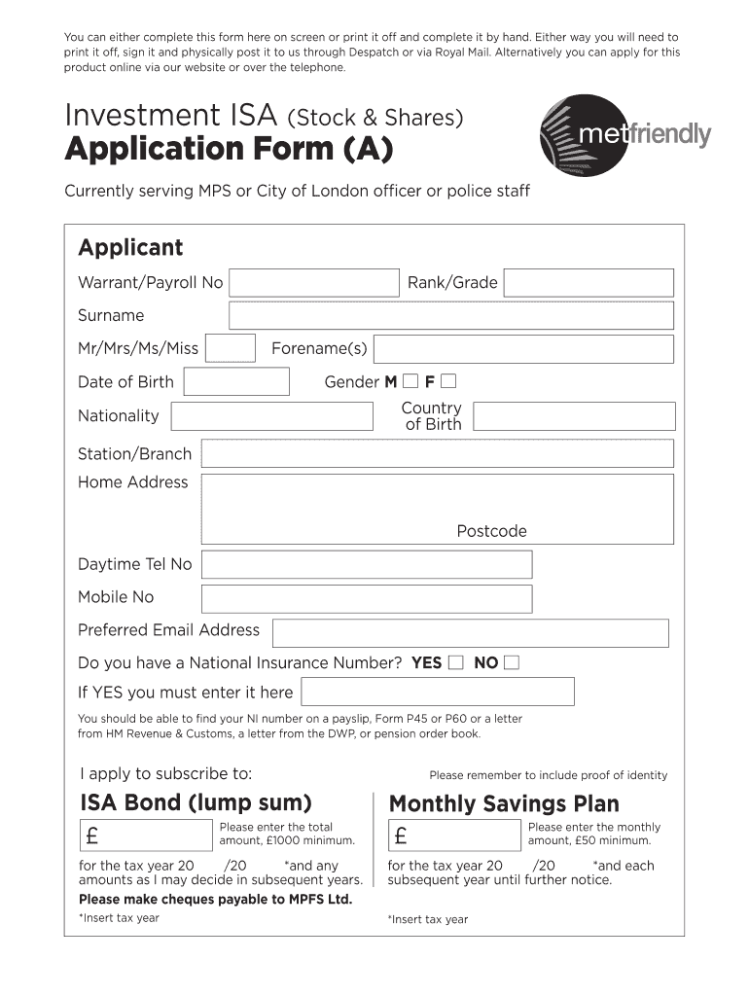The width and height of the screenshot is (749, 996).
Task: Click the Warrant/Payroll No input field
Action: (314, 283)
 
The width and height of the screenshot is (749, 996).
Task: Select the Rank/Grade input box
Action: (588, 283)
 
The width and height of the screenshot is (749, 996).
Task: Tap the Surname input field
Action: (450, 315)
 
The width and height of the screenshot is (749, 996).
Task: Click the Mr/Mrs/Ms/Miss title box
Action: (232, 348)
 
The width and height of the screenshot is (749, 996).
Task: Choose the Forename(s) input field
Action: (523, 348)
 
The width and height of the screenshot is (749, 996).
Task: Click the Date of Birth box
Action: (236, 381)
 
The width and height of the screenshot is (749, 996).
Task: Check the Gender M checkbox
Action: (410, 380)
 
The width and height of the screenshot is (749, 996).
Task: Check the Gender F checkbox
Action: (447, 380)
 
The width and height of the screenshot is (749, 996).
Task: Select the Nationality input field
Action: (272, 416)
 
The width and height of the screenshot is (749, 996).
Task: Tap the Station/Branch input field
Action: (437, 453)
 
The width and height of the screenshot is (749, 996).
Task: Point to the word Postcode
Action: (492, 531)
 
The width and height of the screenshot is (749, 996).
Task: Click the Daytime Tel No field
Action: (367, 564)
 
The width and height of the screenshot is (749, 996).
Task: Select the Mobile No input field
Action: (367, 598)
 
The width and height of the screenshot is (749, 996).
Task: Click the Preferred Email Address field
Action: (471, 632)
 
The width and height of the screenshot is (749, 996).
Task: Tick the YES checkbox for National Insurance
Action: (455, 663)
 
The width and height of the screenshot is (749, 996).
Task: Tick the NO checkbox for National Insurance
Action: (512, 663)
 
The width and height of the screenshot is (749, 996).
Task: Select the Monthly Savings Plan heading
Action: (504, 803)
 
